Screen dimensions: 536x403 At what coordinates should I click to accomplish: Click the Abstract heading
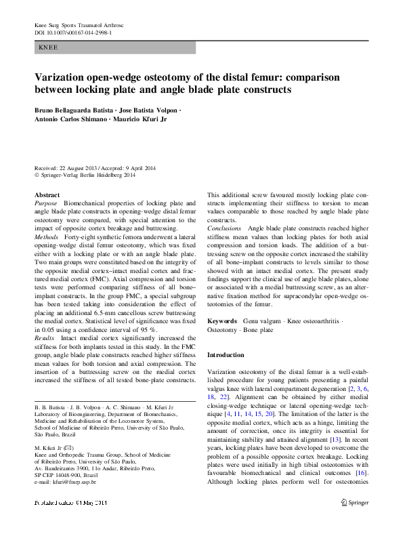coord(47,194)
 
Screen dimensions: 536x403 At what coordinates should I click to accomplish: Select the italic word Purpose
coord(46,203)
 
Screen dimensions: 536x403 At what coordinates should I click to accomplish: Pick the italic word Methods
coord(47,237)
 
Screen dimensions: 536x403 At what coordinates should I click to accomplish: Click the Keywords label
coord(222,319)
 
